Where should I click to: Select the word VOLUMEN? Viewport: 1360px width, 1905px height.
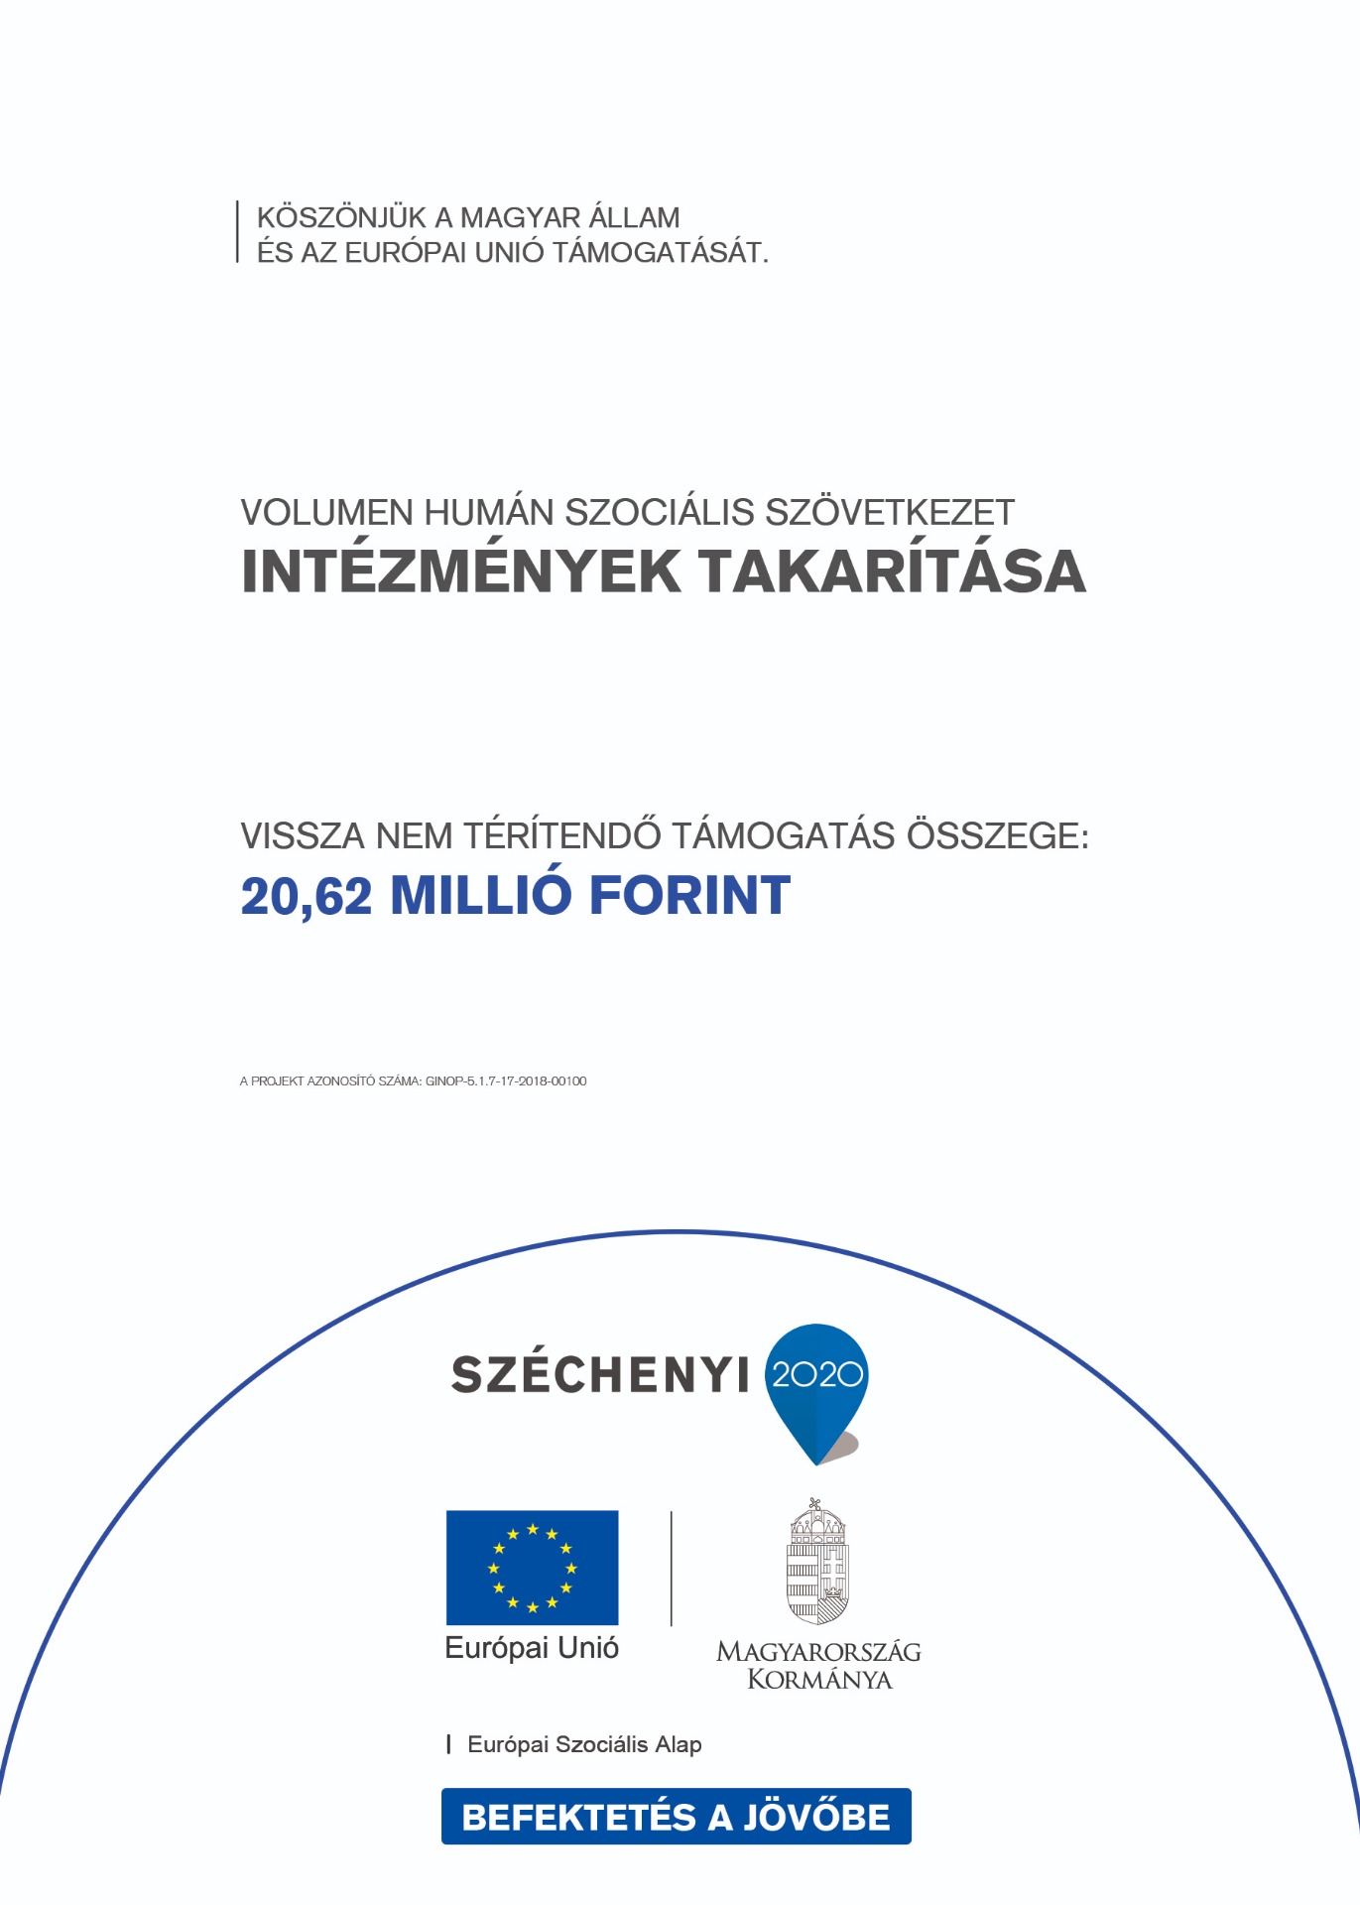click(326, 513)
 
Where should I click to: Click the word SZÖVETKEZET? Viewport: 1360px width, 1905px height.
click(889, 513)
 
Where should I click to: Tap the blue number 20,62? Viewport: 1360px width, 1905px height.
click(307, 896)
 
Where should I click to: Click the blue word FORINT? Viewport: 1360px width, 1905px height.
click(689, 896)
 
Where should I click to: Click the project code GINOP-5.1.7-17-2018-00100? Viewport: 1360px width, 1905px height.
click(506, 1080)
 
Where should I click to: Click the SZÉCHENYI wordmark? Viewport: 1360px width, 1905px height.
click(600, 1375)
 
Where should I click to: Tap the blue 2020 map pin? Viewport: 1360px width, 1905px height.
click(817, 1384)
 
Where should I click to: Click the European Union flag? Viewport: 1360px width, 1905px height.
click(532, 1568)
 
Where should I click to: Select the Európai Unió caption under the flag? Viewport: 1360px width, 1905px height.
click(532, 1649)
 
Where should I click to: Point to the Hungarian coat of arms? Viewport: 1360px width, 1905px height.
click(818, 1563)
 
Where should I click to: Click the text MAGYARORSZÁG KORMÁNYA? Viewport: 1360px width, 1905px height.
click(818, 1666)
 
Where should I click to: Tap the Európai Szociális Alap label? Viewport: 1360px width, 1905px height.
click(584, 1745)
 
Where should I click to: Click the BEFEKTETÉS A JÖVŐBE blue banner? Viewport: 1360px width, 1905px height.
click(676, 1817)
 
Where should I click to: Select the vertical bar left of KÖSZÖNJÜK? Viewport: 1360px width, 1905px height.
click(238, 232)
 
